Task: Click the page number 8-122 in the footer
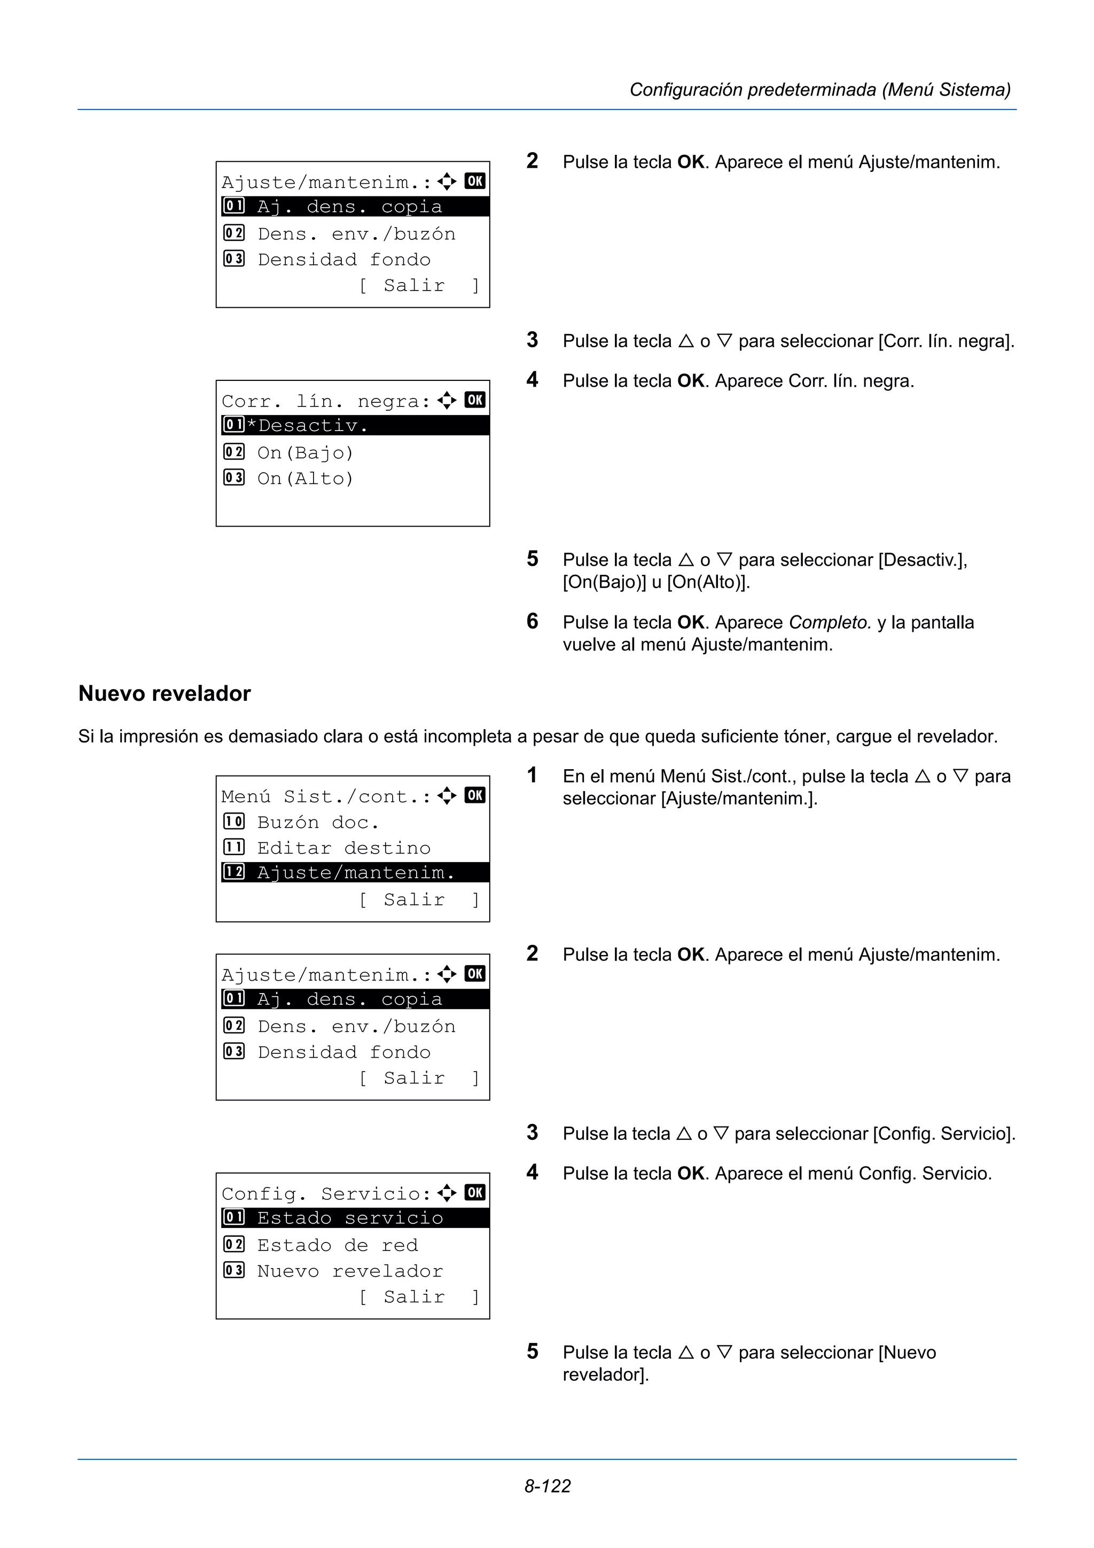coord(548,1486)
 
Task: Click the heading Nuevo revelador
coord(165,693)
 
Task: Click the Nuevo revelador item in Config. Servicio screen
coord(350,1271)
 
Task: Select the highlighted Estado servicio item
coord(350,1218)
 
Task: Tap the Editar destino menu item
coord(344,848)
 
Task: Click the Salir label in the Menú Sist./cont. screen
coord(414,900)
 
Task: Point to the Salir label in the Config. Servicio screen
coord(414,1296)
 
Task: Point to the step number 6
coord(533,621)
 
